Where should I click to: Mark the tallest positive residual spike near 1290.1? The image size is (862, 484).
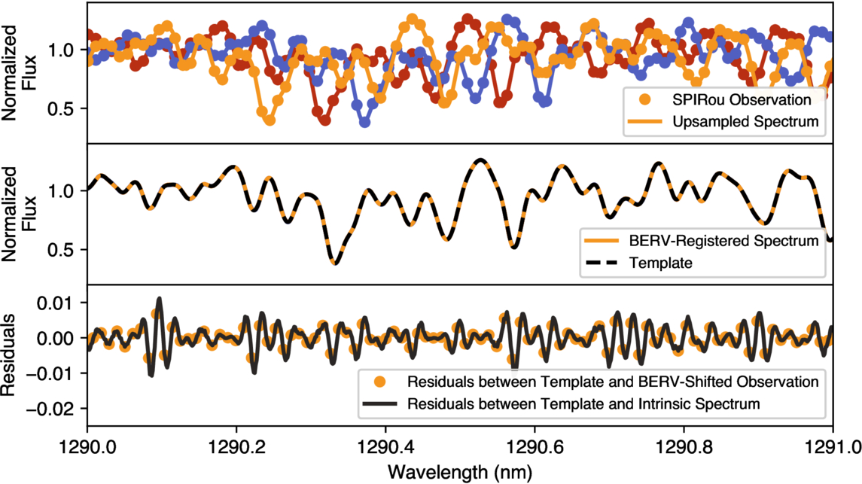coord(159,299)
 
